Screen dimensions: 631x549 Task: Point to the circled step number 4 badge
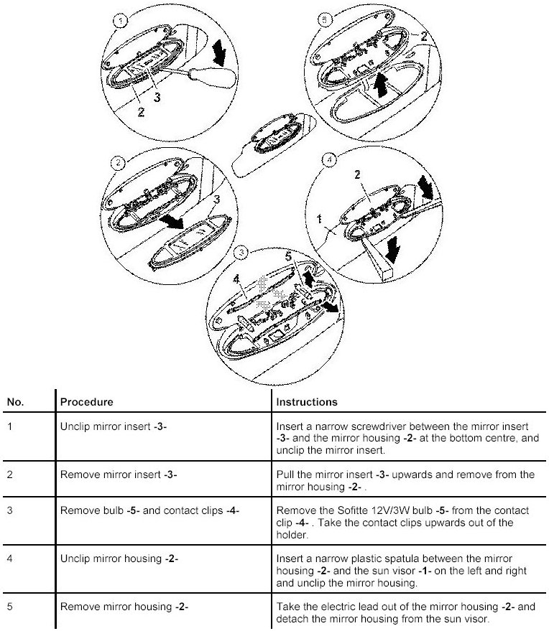[328, 160]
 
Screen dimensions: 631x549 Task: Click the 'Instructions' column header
[307, 402]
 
